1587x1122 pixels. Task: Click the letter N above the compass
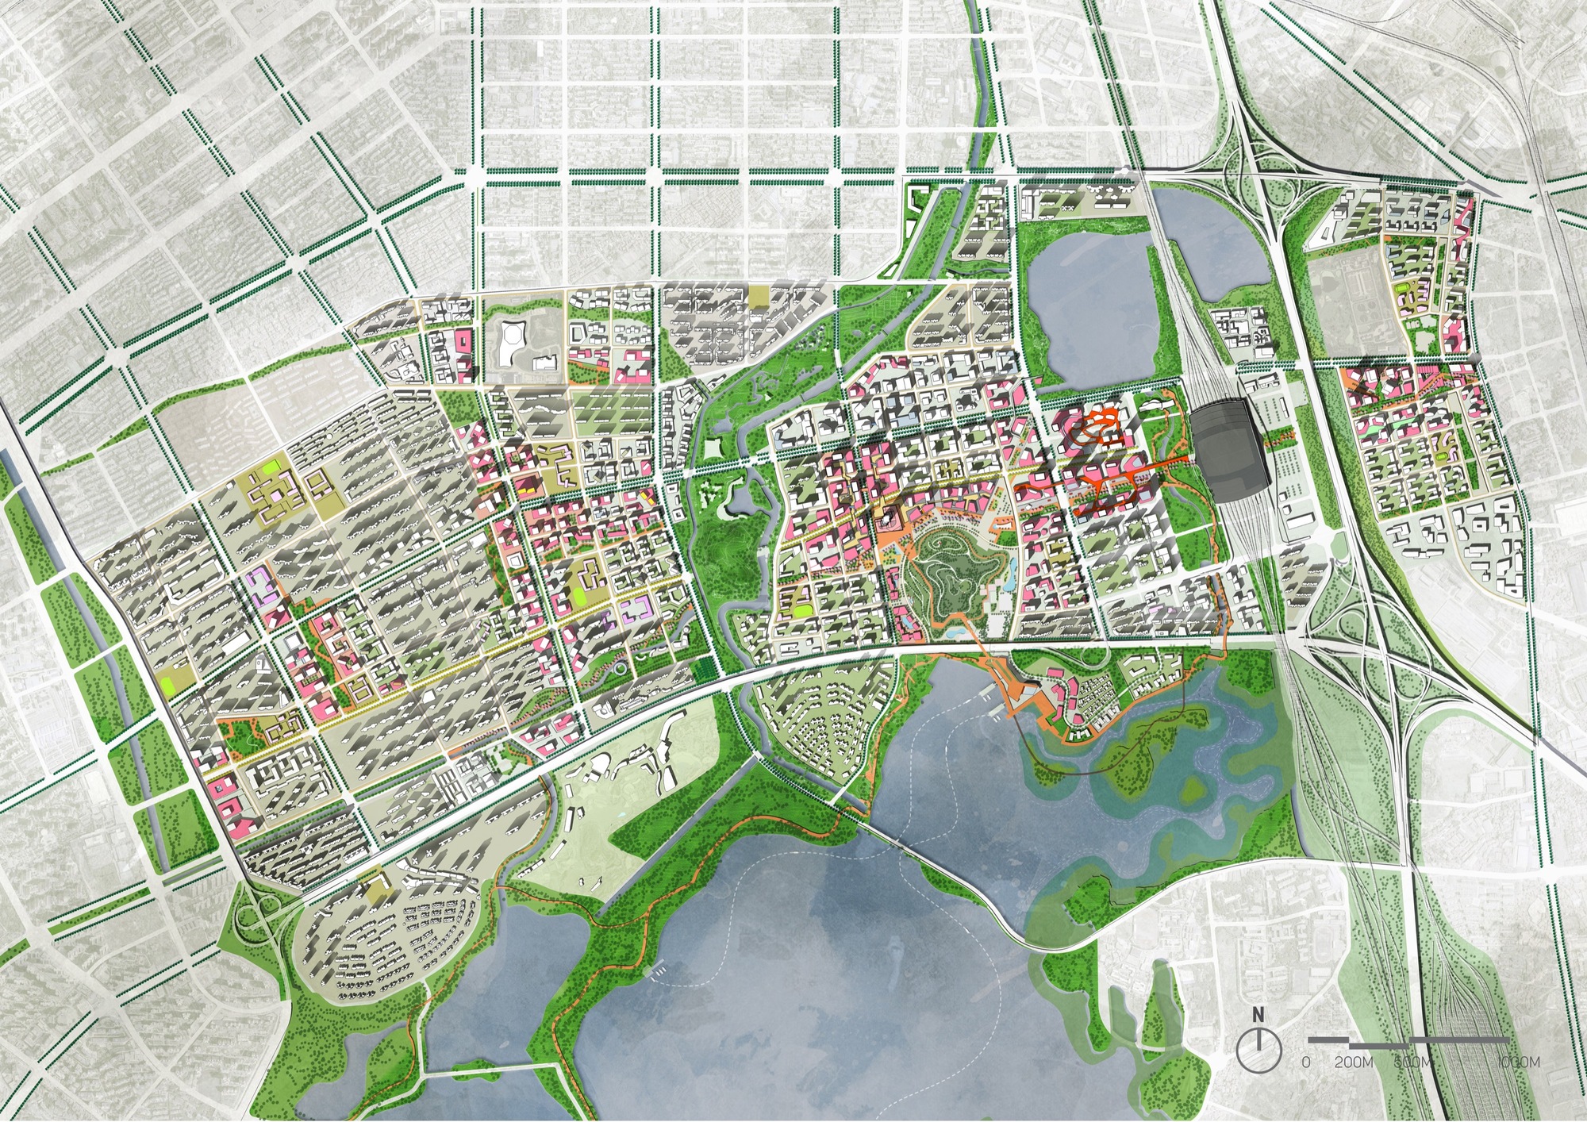coord(1258,1014)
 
